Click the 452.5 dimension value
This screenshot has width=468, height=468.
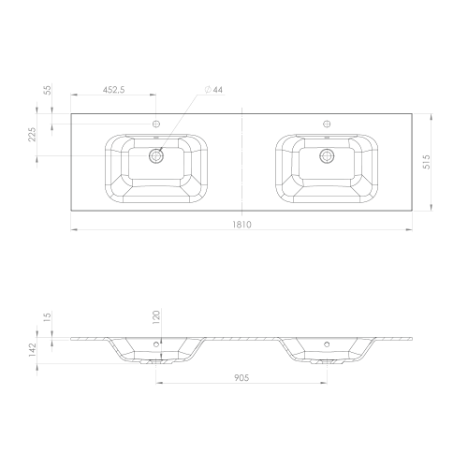pyautogui.click(x=113, y=90)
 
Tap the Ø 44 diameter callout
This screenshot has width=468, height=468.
pyautogui.click(x=213, y=90)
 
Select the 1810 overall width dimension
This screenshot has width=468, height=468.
pyautogui.click(x=241, y=225)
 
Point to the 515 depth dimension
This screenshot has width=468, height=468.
pyautogui.click(x=427, y=162)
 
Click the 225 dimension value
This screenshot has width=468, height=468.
pyautogui.click(x=33, y=134)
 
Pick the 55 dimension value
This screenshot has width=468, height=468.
pyautogui.click(x=48, y=90)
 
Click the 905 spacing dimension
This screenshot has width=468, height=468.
pyautogui.click(x=241, y=378)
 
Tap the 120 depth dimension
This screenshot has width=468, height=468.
pyautogui.click(x=156, y=317)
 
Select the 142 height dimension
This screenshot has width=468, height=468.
pyautogui.click(x=33, y=350)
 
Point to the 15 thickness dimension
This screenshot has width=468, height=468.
pyautogui.click(x=48, y=316)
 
